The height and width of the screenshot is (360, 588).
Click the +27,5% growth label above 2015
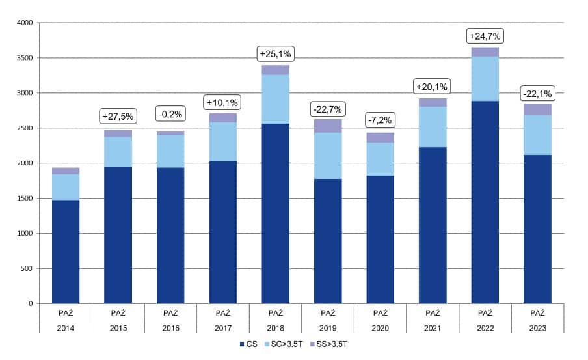[118, 117]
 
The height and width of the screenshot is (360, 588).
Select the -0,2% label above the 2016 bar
[170, 115]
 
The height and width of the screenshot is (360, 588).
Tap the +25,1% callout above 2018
[274, 53]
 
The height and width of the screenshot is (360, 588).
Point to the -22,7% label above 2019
[328, 108]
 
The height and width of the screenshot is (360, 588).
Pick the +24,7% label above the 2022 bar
[485, 36]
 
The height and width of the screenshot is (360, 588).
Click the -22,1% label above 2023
[537, 94]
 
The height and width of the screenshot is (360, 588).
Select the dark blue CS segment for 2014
[66, 251]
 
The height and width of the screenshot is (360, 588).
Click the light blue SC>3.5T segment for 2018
[275, 99]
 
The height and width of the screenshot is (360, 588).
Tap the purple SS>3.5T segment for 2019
[328, 126]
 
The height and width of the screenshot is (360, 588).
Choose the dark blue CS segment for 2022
[485, 202]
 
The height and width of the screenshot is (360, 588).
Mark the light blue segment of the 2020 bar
[381, 159]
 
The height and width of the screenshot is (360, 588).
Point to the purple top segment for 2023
[537, 109]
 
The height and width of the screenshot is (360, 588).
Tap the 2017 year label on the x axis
[222, 329]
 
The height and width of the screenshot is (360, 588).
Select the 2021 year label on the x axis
[433, 329]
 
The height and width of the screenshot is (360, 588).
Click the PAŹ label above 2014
[66, 313]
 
